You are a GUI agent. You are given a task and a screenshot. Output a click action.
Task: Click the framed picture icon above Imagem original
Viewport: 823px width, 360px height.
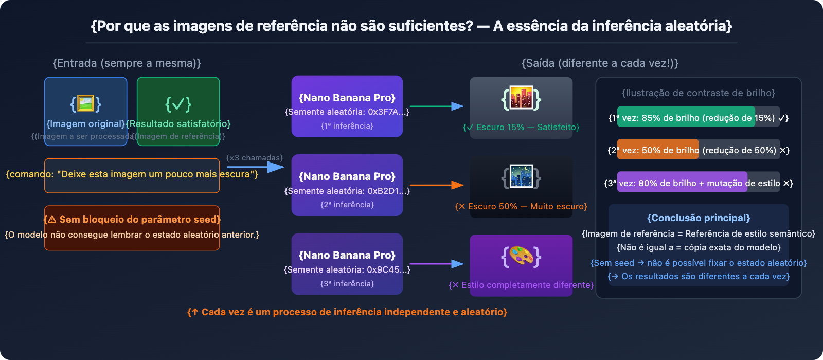[85, 103]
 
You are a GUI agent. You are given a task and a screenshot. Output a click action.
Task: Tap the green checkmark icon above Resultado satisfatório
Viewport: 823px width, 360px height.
[178, 104]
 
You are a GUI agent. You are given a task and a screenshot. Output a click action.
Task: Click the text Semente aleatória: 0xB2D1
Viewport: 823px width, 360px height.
[347, 191]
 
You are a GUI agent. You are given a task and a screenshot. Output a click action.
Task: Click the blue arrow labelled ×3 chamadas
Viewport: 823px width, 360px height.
[255, 167]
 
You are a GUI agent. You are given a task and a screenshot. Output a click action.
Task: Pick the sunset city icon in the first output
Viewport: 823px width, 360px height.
[521, 99]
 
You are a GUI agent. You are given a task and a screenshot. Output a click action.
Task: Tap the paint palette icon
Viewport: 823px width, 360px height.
[521, 256]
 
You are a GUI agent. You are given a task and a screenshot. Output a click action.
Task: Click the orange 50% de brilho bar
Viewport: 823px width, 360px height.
[658, 150]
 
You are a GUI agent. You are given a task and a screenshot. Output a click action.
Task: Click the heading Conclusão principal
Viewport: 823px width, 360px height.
[699, 218]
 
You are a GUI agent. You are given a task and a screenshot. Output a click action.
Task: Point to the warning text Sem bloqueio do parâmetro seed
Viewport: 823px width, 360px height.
[132, 220]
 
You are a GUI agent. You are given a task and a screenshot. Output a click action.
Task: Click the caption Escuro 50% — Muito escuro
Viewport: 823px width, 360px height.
[521, 206]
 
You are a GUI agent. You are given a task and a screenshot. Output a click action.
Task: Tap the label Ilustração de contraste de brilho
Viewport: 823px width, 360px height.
[699, 93]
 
